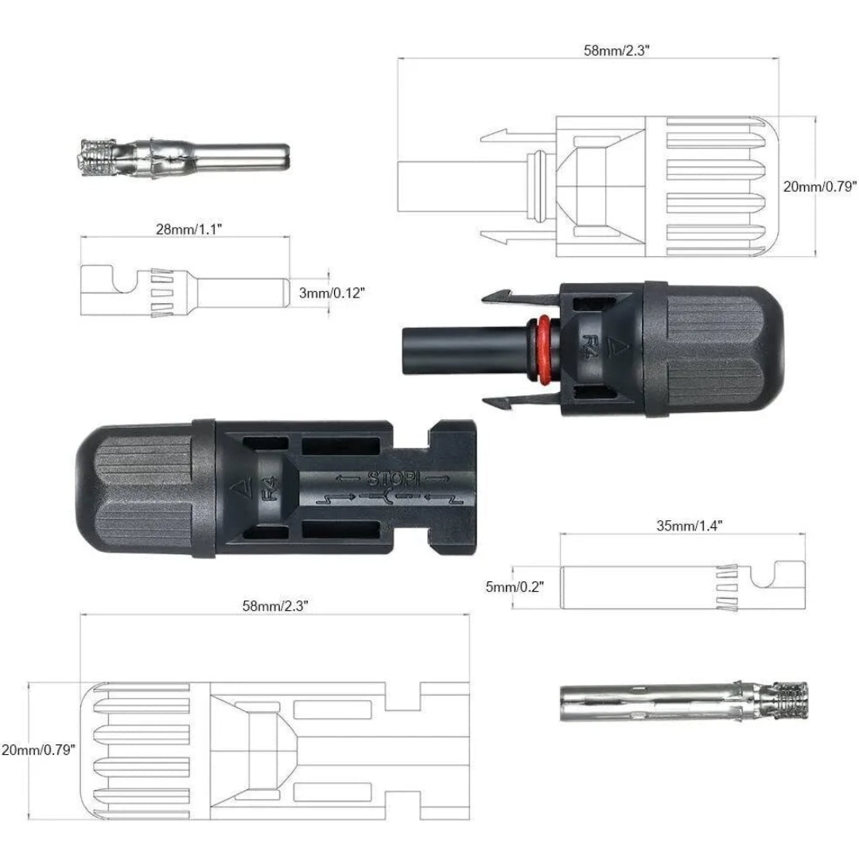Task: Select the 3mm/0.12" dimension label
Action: click(332, 293)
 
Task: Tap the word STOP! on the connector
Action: click(388, 479)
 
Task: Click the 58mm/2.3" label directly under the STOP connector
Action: click(275, 605)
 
